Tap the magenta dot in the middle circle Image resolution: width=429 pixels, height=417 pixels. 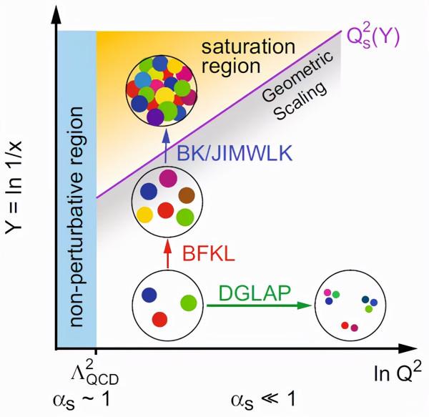[167, 176]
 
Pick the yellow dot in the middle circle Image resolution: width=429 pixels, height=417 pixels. [144, 212]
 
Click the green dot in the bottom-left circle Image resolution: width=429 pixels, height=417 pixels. [188, 303]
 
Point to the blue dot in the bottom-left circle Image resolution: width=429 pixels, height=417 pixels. [149, 294]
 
